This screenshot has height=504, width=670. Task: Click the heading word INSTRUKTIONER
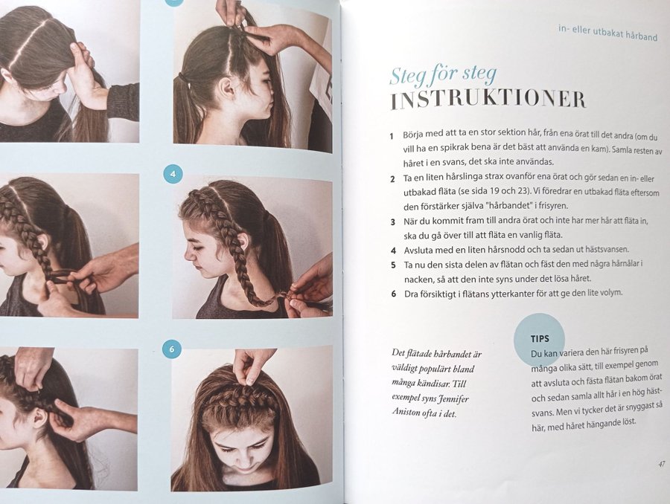488,100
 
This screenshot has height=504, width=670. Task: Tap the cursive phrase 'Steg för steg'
443,76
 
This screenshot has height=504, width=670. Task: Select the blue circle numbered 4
173,174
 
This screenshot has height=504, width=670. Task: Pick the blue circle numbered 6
172,349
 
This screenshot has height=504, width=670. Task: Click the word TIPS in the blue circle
540,339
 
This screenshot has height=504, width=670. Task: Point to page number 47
662,465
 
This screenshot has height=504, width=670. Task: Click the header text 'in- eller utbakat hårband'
607,33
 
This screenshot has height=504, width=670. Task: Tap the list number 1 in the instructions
392,136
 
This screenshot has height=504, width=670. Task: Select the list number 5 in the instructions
393,265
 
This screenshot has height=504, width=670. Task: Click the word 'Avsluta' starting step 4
418,250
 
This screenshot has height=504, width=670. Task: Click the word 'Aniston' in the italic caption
406,413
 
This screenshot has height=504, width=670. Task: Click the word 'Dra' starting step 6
411,294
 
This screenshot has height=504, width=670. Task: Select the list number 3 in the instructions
393,222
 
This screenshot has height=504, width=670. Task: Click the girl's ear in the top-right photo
226,88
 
